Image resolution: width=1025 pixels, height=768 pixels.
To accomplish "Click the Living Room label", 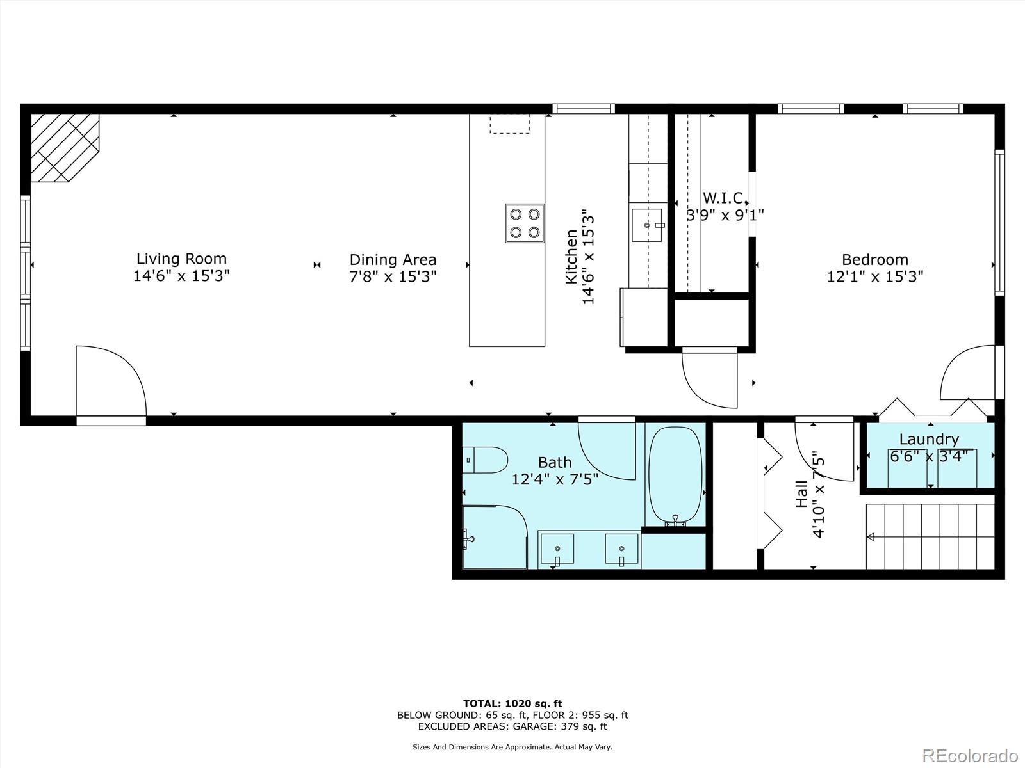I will click(181, 259).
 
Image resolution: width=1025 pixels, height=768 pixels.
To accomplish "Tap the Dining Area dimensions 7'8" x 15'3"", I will click(393, 276).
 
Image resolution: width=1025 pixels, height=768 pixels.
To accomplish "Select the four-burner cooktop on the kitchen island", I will click(525, 223).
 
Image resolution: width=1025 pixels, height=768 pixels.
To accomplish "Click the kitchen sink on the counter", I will click(647, 225).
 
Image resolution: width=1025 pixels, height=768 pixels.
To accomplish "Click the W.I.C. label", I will click(724, 198).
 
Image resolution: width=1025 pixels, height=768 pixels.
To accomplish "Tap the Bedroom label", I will click(874, 259).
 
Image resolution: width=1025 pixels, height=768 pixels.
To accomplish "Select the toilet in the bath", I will click(484, 460).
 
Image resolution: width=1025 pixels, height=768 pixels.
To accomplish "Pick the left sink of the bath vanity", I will click(557, 549).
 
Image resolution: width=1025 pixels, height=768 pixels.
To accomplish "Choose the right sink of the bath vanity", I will click(621, 549).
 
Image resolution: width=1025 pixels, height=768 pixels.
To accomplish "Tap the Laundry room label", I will click(928, 439).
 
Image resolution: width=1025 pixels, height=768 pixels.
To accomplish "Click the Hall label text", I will click(802, 495).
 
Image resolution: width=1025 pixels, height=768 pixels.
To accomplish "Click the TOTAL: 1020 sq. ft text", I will click(512, 703).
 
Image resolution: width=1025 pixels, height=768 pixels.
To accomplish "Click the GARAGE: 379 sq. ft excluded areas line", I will click(512, 726).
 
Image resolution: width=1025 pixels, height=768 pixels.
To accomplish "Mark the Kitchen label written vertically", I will click(571, 257).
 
